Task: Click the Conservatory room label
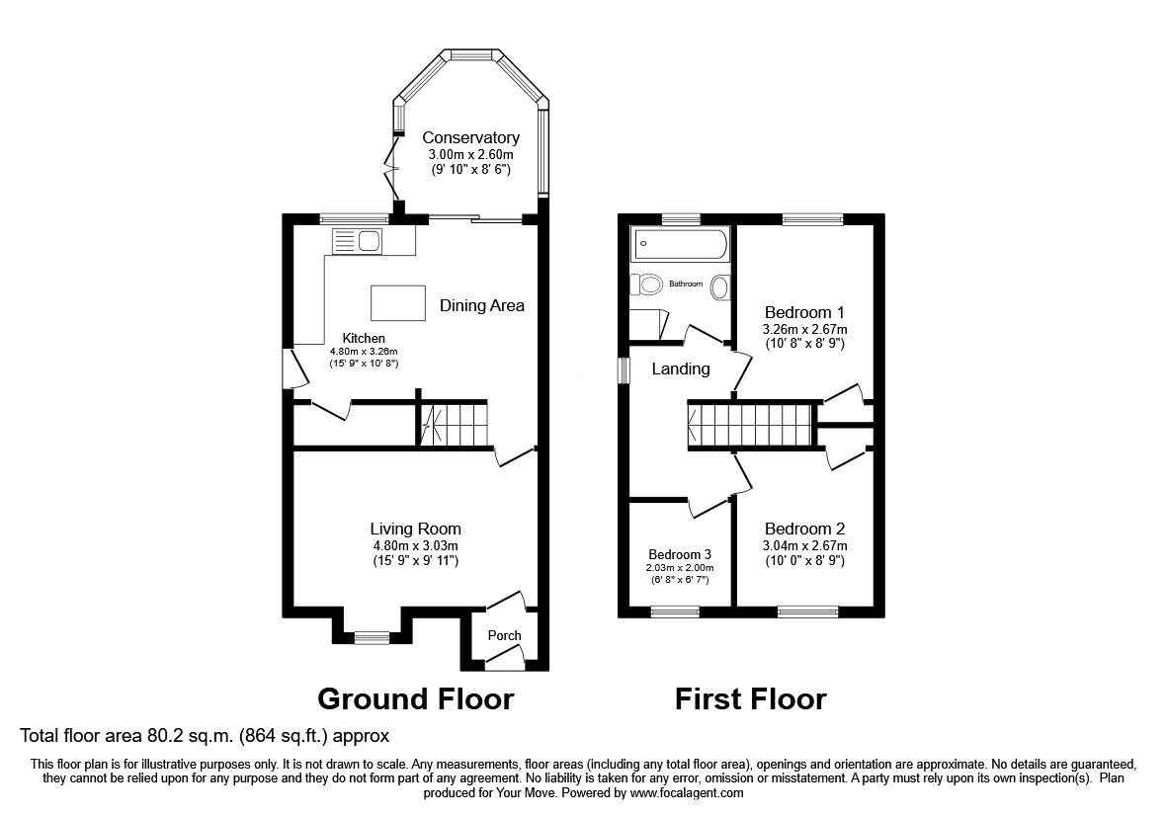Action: tap(470, 137)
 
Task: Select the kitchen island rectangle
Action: tap(398, 302)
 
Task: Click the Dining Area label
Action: tap(481, 305)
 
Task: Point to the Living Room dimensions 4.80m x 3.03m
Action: tap(415, 545)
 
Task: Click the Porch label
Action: tap(504, 635)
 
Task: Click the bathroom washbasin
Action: tap(719, 286)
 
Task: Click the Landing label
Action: tap(680, 368)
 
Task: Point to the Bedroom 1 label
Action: tap(804, 312)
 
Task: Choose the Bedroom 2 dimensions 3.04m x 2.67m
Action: tap(804, 545)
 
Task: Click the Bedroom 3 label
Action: tap(680, 553)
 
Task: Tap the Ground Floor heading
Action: tap(415, 699)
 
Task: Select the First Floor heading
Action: tap(750, 699)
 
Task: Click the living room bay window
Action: tap(372, 637)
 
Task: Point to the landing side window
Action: tap(623, 368)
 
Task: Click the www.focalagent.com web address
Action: tap(687, 792)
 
